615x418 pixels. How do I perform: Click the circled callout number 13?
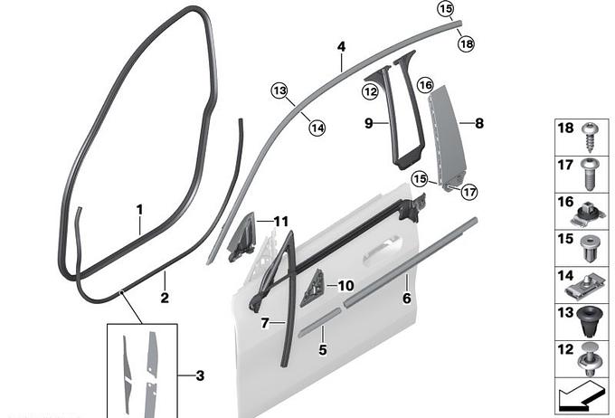point(279,91)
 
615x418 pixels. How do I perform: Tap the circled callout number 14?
point(317,128)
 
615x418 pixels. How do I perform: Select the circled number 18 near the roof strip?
point(467,43)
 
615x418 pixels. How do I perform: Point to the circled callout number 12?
point(370,92)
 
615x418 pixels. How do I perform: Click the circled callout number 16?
point(426,85)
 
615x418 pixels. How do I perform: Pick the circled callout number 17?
point(469,192)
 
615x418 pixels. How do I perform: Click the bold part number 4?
point(342,47)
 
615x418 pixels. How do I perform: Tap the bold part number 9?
point(369,123)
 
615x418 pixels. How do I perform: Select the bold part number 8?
point(479,123)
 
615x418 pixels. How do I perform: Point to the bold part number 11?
point(281,222)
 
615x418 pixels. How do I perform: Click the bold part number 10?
point(345,286)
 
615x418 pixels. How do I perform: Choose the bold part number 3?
point(200,375)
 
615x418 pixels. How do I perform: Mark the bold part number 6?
point(407,299)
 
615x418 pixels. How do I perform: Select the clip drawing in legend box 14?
point(585,287)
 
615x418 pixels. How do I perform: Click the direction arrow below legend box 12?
point(581,397)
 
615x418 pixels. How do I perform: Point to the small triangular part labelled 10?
point(314,288)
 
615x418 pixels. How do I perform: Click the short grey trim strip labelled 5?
point(319,322)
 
